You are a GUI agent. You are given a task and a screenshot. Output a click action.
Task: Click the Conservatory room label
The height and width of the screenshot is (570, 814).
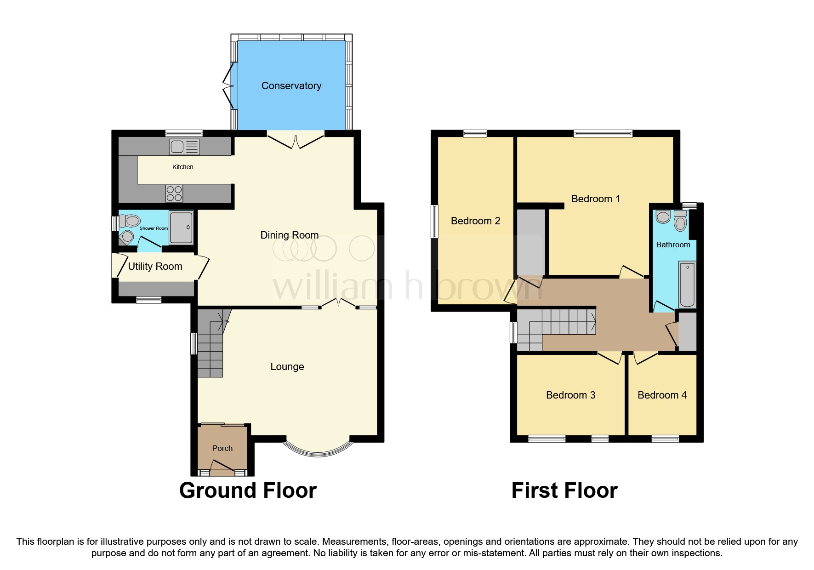click(291, 86)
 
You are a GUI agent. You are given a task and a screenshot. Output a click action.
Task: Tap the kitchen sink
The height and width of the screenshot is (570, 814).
click(184, 147)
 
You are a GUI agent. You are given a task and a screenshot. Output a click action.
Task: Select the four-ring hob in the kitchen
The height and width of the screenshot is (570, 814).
click(174, 194)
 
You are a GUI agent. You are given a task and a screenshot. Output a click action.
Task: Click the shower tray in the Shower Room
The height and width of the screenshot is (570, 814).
click(181, 227)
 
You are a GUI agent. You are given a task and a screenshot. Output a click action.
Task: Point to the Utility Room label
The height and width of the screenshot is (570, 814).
click(155, 267)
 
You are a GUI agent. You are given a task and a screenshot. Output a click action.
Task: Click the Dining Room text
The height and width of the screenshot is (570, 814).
click(289, 235)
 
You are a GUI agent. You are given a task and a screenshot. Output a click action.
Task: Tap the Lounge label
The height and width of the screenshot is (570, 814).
click(287, 367)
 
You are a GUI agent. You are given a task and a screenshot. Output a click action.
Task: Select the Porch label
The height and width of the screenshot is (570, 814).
click(222, 448)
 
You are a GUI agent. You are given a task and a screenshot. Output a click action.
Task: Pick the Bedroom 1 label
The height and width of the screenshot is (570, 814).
click(595, 199)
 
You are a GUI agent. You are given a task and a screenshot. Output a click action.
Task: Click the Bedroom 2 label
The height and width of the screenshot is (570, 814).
click(475, 221)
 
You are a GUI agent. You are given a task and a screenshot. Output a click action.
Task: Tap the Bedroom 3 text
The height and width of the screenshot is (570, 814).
click(570, 395)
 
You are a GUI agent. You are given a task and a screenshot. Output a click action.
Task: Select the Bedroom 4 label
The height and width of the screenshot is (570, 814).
click(662, 395)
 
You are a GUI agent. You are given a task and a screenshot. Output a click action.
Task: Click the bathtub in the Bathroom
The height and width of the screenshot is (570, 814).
click(687, 285)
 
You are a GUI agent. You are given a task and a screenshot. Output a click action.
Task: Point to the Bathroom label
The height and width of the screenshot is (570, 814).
click(673, 245)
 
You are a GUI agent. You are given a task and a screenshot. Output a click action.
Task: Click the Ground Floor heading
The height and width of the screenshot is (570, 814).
click(248, 490)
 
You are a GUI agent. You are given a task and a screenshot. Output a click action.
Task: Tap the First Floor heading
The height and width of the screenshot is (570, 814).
click(564, 490)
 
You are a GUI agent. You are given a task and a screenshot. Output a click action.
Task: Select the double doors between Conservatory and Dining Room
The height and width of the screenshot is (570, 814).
click(296, 140)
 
